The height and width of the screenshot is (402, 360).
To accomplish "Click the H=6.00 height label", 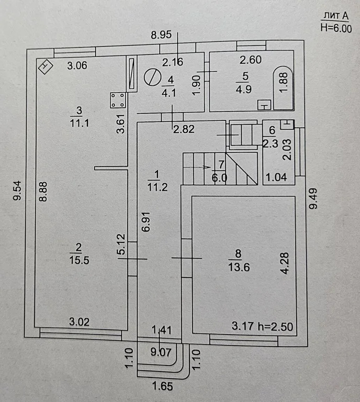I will pyautogui.click(x=335, y=29).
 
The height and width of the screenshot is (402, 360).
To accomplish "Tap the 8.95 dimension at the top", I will pyautogui.click(x=162, y=36).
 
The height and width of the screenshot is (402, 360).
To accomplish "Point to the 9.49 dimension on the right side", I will pyautogui.click(x=313, y=199).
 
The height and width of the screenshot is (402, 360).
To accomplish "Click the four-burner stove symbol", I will pyautogui.click(x=118, y=99).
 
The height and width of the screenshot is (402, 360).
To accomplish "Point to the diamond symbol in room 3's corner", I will pyautogui.click(x=46, y=66).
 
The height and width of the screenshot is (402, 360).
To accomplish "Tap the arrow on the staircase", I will pyautogui.click(x=202, y=167).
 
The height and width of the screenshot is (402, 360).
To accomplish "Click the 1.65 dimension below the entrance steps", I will pyautogui.click(x=162, y=388).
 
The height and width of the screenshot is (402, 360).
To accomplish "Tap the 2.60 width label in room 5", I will pyautogui.click(x=251, y=60).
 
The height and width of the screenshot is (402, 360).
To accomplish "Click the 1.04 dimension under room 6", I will pyautogui.click(x=277, y=177).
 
